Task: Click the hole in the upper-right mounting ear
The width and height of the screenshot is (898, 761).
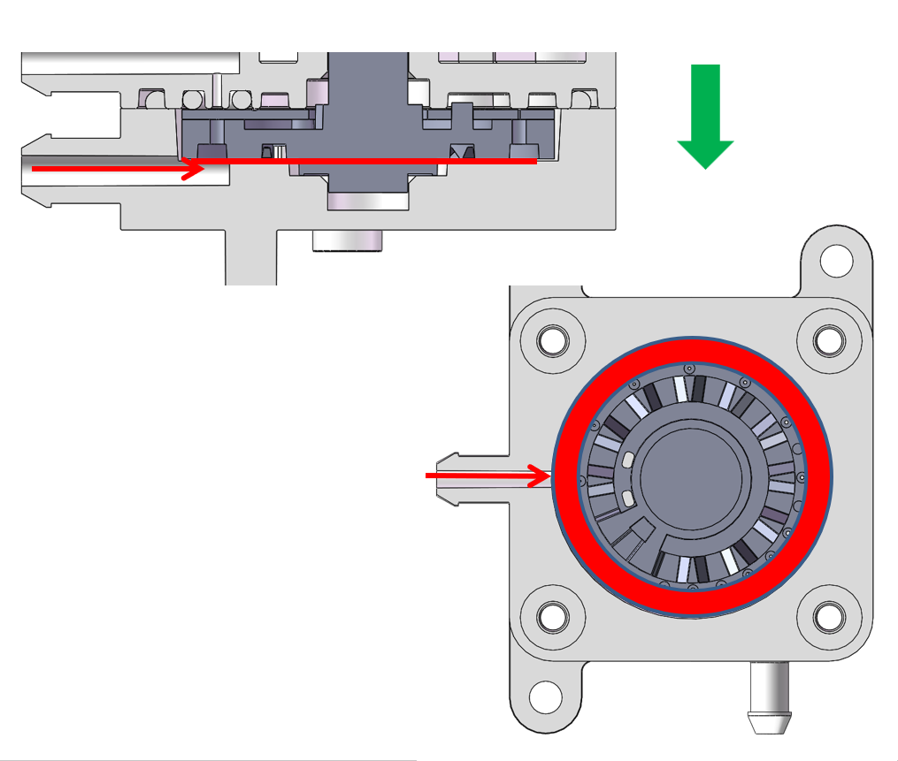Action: pos(835,261)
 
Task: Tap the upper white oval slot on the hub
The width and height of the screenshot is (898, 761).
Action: pos(627,460)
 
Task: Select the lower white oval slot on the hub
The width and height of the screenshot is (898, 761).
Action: pos(627,499)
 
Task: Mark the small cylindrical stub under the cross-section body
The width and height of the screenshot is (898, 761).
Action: pos(347,240)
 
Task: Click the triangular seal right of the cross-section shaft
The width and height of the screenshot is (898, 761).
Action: pos(460,151)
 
